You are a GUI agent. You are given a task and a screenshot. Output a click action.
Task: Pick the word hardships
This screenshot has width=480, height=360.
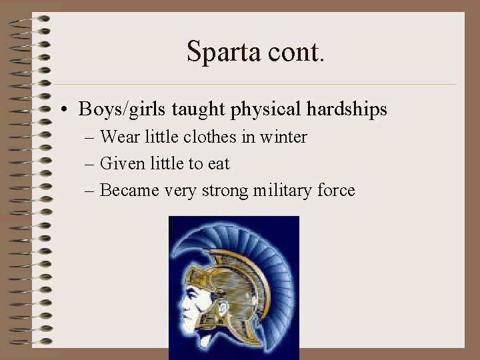350,109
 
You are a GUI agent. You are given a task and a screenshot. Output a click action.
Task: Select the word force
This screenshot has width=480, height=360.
336,191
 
